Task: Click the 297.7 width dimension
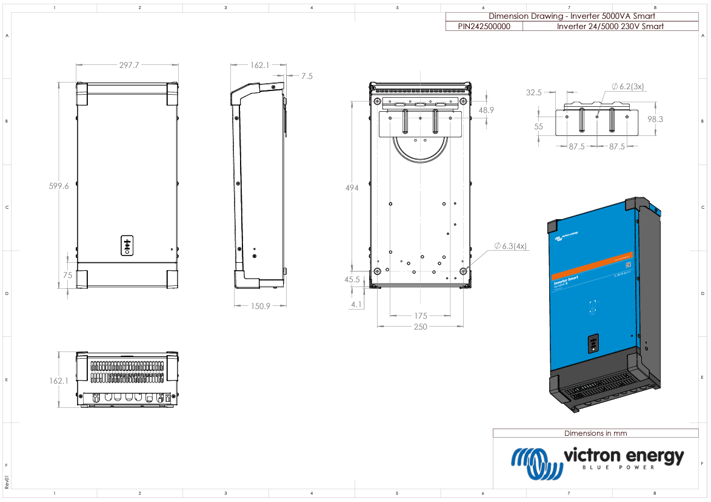[x=129, y=65]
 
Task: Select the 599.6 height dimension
[x=59, y=187]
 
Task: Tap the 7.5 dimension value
[x=307, y=76]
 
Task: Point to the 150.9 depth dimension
[x=260, y=307]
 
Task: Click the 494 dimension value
[x=352, y=188]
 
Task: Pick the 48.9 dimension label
[x=486, y=110]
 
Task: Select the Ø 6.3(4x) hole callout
[x=510, y=246]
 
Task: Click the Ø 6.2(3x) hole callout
[x=627, y=87]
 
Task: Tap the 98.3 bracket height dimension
[x=655, y=120]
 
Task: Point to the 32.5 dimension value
[x=533, y=93]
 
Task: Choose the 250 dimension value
[x=420, y=327]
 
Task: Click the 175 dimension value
[x=421, y=316]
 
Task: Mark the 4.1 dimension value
[x=356, y=305]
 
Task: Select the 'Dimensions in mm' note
[x=595, y=433]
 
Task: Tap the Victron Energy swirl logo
[x=536, y=463]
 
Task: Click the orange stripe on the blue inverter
[x=592, y=266]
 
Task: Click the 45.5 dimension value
[x=351, y=280]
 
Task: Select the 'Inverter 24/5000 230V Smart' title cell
[x=610, y=26]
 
